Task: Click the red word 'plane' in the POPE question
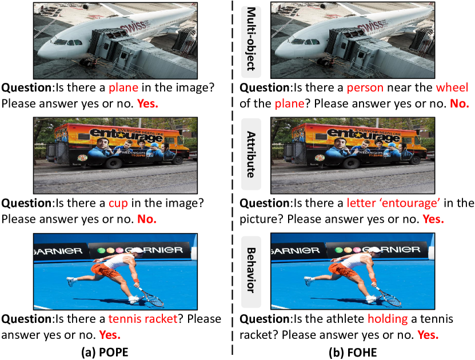pos(123,87)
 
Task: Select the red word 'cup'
pos(118,203)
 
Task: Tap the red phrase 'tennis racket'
pos(143,319)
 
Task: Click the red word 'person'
pos(365,88)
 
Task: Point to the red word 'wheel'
pos(452,87)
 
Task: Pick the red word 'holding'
pos(388,319)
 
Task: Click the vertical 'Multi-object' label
pos(251,39)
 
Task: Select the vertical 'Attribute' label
pos(251,154)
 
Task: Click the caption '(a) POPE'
pos(105,352)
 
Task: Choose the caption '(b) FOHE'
pos(353,352)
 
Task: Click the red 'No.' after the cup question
pos(147,219)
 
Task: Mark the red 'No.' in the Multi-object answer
pos(460,103)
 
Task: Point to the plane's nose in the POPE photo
pos(45,50)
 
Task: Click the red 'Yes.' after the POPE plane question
pos(148,103)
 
